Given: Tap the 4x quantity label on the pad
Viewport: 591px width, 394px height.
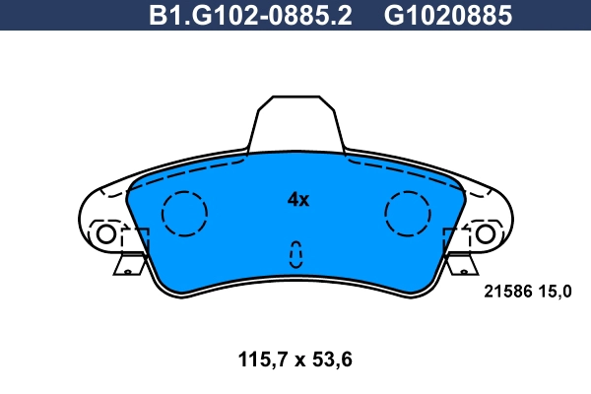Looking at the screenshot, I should pyautogui.click(x=297, y=200).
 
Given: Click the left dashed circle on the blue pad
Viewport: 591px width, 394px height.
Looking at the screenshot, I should pyautogui.click(x=184, y=213).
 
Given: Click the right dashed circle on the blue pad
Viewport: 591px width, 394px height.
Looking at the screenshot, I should pyautogui.click(x=407, y=213).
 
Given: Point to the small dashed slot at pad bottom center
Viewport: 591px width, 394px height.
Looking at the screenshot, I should pyautogui.click(x=295, y=254).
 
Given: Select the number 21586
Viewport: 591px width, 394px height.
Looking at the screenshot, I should pyautogui.click(x=506, y=291).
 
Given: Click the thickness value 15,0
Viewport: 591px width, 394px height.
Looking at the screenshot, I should pyautogui.click(x=554, y=291).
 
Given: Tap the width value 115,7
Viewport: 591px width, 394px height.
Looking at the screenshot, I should pyautogui.click(x=253, y=360).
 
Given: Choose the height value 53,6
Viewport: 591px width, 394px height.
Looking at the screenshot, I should pyautogui.click(x=332, y=360).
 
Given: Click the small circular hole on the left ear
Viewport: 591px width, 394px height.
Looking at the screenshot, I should pyautogui.click(x=104, y=234).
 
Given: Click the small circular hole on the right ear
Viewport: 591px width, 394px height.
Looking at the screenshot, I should pyautogui.click(x=485, y=234).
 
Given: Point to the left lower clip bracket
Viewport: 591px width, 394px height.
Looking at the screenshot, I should pyautogui.click(x=128, y=263).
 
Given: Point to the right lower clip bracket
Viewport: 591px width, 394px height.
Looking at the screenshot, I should pyautogui.click(x=461, y=263).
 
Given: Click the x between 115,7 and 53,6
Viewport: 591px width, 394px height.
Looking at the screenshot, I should pyautogui.click(x=294, y=361).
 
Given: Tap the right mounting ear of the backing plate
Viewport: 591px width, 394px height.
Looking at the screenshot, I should pyautogui.click(x=492, y=217).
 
